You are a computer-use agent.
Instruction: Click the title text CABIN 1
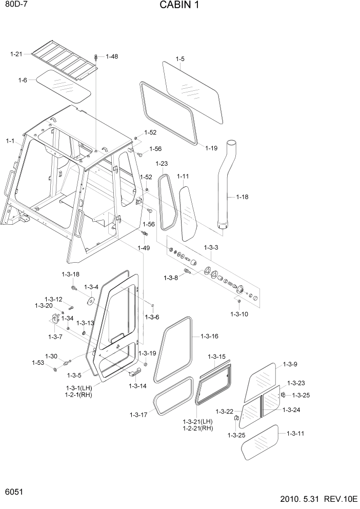(x=179, y=6)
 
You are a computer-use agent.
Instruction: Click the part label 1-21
(x=16, y=53)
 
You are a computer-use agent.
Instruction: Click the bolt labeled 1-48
(x=96, y=56)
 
